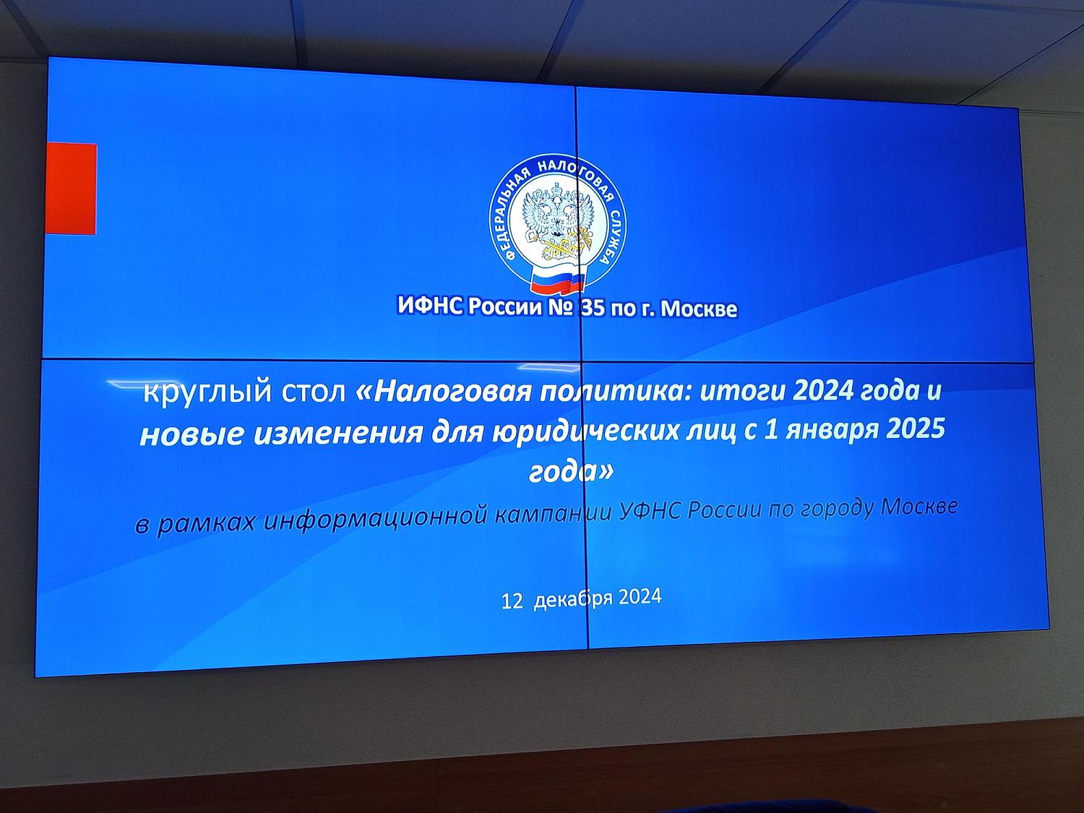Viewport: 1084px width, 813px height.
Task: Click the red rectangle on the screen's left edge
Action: tap(71, 189)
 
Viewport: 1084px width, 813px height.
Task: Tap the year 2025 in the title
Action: tap(916, 429)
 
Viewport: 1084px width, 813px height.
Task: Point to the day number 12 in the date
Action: tap(512, 601)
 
